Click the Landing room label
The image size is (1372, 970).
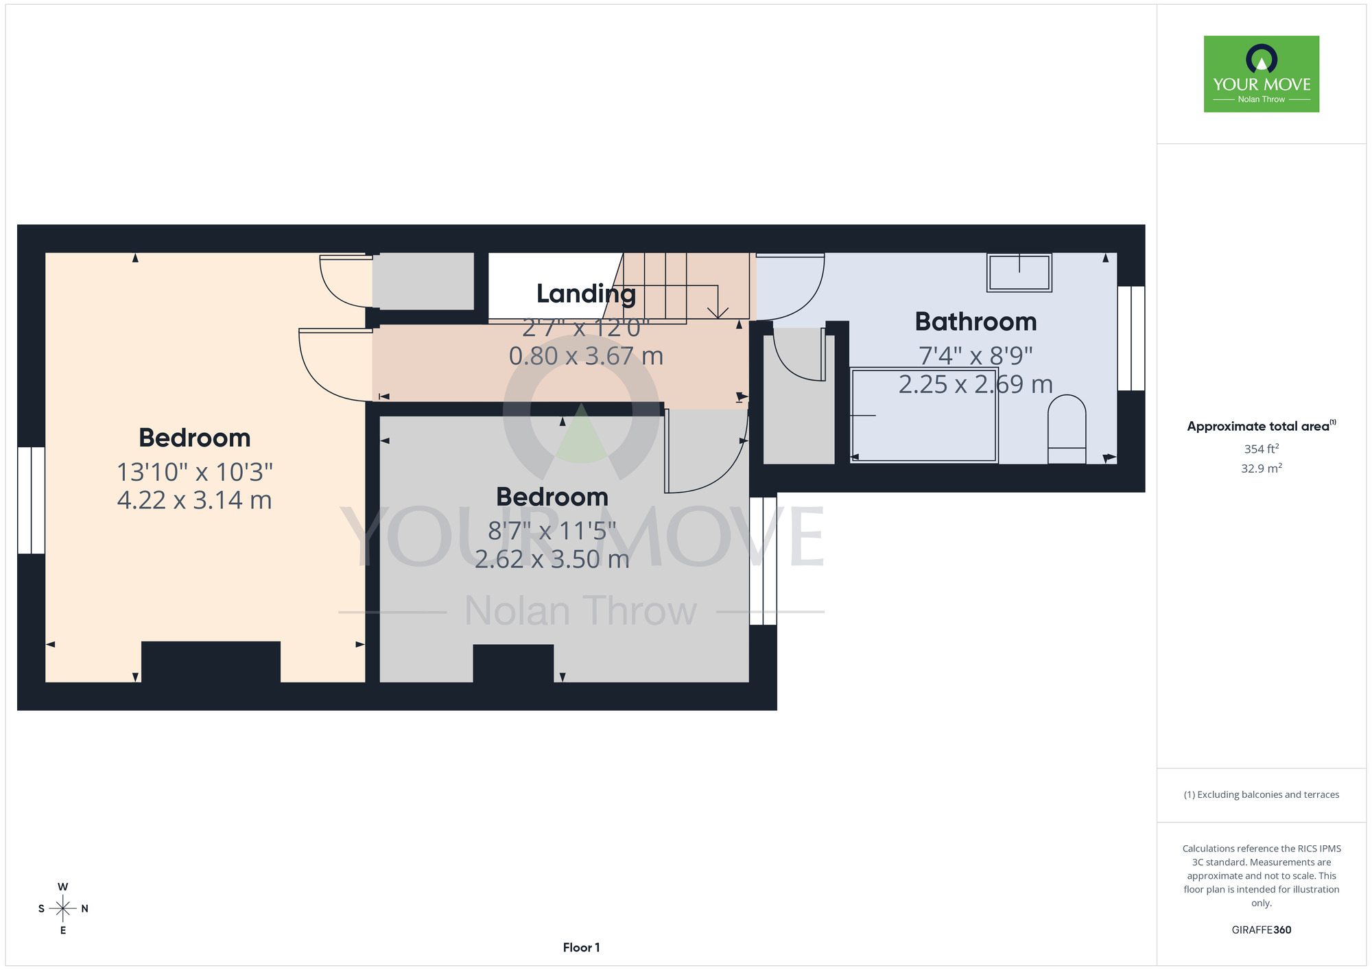pyautogui.click(x=586, y=294)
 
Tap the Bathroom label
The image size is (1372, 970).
pyautogui.click(x=975, y=322)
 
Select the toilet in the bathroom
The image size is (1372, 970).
pyautogui.click(x=1067, y=429)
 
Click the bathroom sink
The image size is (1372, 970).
pyautogui.click(x=1019, y=272)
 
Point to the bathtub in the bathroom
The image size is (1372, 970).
pyautogui.click(x=924, y=415)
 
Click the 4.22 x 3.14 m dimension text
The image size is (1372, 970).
pyautogui.click(x=195, y=500)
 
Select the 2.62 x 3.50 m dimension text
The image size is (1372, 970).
pyautogui.click(x=552, y=559)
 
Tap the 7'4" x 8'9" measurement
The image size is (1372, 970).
pyautogui.click(x=975, y=355)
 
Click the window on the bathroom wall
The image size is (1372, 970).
pyautogui.click(x=1131, y=338)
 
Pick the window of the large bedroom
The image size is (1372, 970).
pyautogui.click(x=31, y=500)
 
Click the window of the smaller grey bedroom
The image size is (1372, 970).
pyautogui.click(x=763, y=561)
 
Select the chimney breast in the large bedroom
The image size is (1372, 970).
pyautogui.click(x=211, y=662)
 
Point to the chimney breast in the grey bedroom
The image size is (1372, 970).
pyautogui.click(x=513, y=663)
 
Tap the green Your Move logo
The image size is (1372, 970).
pyautogui.click(x=1262, y=74)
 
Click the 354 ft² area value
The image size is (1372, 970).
pyautogui.click(x=1262, y=449)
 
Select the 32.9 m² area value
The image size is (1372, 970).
pyautogui.click(x=1262, y=469)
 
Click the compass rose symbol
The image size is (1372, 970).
pyautogui.click(x=63, y=909)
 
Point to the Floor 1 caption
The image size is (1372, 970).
pyautogui.click(x=581, y=947)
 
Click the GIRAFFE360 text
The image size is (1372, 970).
pyautogui.click(x=1262, y=930)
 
